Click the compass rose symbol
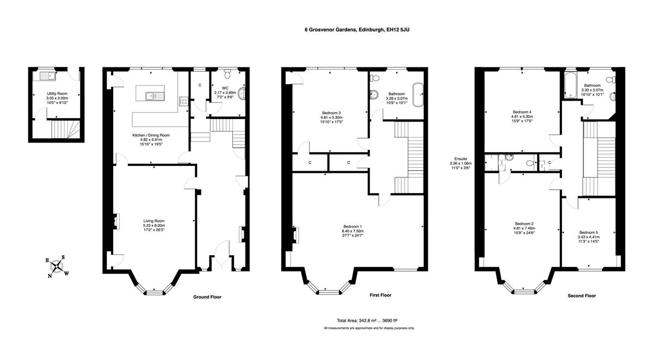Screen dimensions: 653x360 [x=57, y=266]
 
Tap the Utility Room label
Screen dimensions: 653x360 [x=57, y=94]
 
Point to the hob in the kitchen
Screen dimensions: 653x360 [x=184, y=101]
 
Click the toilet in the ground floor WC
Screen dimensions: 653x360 [x=227, y=75]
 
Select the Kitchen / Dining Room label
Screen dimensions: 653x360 [x=151, y=135]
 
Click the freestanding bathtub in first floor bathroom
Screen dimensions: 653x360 [x=418, y=95]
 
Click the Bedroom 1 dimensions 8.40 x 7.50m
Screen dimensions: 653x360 [x=353, y=231]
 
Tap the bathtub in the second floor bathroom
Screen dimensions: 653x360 [x=569, y=85]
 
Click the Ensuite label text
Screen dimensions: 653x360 [x=460, y=159]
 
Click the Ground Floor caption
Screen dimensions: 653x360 [x=207, y=297]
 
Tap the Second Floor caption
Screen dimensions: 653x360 [x=582, y=296]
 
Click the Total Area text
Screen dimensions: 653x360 [x=367, y=321]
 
